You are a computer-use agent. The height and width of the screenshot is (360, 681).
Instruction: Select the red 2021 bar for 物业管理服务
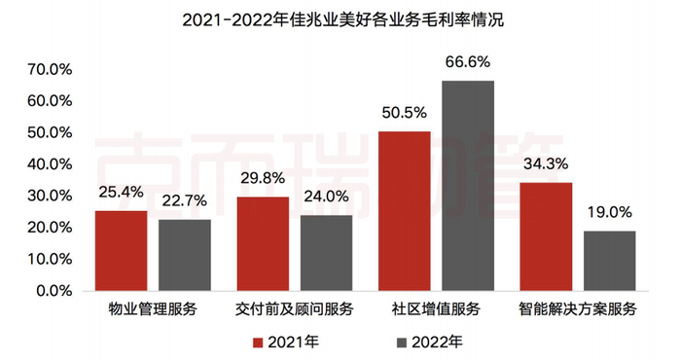click(121, 250)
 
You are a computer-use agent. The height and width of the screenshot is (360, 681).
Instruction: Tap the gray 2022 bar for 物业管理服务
click(184, 254)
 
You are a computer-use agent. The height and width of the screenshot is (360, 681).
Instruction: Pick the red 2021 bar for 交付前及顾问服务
click(263, 243)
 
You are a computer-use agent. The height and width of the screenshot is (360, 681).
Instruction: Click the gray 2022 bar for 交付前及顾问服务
click(326, 252)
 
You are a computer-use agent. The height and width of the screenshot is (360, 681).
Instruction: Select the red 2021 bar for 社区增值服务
click(404, 210)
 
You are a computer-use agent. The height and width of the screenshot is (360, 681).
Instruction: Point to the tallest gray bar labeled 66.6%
click(468, 185)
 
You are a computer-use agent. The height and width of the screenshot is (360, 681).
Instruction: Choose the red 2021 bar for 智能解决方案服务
click(546, 235)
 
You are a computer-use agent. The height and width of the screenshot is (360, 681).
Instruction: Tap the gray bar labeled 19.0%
click(609, 260)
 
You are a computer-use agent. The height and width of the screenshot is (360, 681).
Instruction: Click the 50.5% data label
click(404, 113)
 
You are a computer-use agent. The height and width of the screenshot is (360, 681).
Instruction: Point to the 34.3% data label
click(546, 164)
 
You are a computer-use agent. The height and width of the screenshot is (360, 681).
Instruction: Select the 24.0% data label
click(326, 197)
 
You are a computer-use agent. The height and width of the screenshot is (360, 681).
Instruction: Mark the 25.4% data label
click(121, 193)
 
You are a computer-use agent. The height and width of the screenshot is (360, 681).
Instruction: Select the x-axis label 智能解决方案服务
click(578, 309)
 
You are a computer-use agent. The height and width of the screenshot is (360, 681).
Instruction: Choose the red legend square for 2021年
click(258, 342)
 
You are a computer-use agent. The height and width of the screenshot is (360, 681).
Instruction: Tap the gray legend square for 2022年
click(401, 342)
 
